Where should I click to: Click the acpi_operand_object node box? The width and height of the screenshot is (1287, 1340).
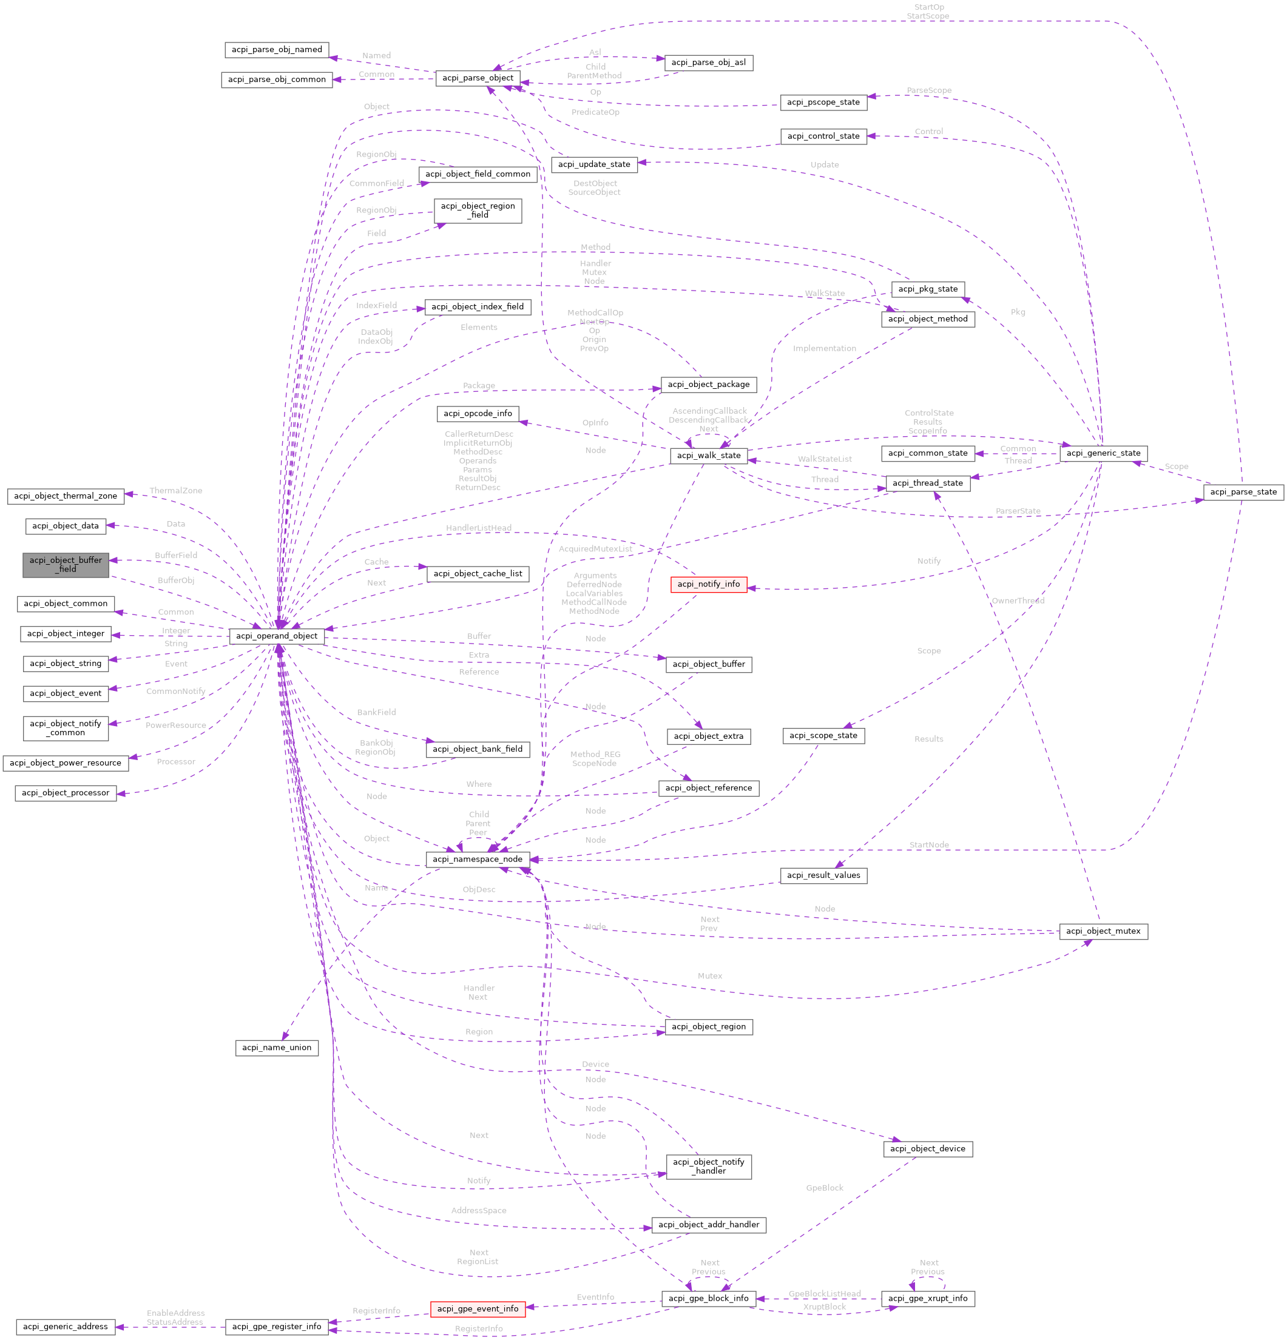pos(276,636)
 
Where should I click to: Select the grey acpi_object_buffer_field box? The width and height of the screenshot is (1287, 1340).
pos(66,565)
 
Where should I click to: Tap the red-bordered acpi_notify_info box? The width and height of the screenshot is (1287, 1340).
pos(709,584)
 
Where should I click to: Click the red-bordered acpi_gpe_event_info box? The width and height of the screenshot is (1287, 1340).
pos(478,1308)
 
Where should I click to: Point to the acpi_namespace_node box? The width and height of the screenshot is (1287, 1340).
pos(478,860)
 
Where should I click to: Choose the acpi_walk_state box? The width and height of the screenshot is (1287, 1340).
pos(709,456)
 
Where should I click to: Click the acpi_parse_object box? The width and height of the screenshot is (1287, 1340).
pos(478,78)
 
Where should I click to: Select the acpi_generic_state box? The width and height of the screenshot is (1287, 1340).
pos(1103,453)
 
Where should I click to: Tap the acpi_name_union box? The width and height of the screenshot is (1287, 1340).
pos(276,1048)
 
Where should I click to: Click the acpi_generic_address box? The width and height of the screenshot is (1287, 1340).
pos(66,1326)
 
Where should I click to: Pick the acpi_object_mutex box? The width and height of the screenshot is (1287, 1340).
pos(1103,931)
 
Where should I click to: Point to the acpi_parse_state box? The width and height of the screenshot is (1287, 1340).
pos(1243,491)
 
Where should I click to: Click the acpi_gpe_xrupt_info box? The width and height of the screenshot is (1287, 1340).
pos(927,1298)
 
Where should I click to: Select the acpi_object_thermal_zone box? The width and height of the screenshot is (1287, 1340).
pos(66,496)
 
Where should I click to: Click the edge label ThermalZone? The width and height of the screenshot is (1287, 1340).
pos(176,491)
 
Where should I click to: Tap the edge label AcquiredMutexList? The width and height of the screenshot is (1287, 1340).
pos(595,549)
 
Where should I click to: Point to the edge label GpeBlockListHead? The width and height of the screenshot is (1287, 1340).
pos(824,1293)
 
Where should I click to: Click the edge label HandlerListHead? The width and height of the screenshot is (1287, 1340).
pos(478,528)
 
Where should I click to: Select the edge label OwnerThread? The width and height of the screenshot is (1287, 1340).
pos(1018,601)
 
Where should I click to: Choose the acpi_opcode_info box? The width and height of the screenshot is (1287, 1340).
pos(478,414)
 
